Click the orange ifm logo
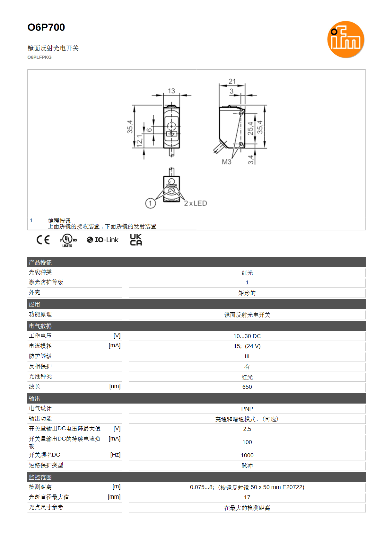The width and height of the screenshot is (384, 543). click(x=345, y=39)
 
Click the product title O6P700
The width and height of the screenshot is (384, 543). click(x=46, y=27)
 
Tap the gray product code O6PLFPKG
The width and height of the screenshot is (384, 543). click(x=39, y=57)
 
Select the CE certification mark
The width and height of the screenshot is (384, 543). click(x=43, y=240)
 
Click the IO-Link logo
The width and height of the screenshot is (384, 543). click(x=102, y=240)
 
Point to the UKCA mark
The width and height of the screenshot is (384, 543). click(x=136, y=239)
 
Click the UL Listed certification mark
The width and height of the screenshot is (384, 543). click(x=68, y=240)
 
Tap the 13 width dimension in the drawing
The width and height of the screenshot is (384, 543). click(x=171, y=91)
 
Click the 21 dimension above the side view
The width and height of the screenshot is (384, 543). click(x=232, y=81)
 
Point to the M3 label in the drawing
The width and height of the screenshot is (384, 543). click(x=227, y=162)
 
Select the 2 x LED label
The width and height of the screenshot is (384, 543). click(x=196, y=203)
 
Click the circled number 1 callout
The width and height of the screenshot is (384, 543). click(x=151, y=203)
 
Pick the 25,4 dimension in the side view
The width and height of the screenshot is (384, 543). click(x=250, y=129)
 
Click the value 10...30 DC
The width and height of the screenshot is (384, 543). click(x=247, y=336)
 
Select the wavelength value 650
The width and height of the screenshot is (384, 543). click(x=247, y=387)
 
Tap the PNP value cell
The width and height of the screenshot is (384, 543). click(x=247, y=408)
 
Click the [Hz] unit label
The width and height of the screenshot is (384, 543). click(x=115, y=455)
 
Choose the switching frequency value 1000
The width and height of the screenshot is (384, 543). click(x=247, y=455)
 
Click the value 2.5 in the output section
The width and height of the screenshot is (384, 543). click(x=247, y=429)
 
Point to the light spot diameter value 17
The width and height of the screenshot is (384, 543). click(x=247, y=497)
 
